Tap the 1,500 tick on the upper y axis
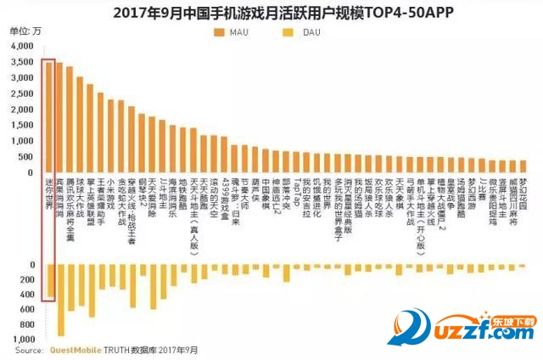(x=25, y=124)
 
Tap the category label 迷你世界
(x=49, y=194)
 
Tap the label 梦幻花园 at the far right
(x=523, y=194)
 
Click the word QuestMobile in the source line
(x=77, y=349)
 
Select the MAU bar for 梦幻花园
(x=523, y=166)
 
